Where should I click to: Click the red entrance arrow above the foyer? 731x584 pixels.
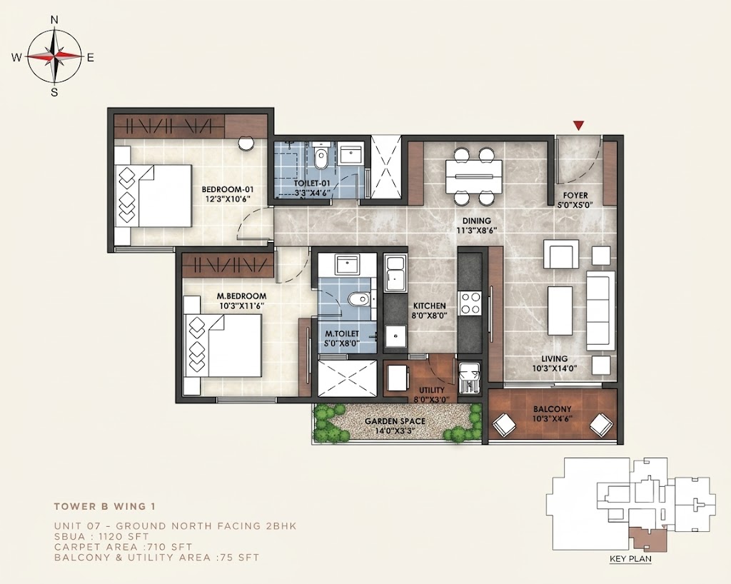pyautogui.click(x=578, y=125)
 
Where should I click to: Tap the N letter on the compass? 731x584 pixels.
pyautogui.click(x=54, y=19)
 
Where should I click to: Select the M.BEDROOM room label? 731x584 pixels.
pyautogui.click(x=241, y=296)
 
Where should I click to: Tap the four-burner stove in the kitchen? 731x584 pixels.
pyautogui.click(x=470, y=303)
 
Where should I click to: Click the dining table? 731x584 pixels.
pyautogui.click(x=474, y=176)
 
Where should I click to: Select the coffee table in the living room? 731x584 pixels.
pyautogui.click(x=560, y=311)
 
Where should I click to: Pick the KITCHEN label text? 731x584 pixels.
pyautogui.click(x=429, y=306)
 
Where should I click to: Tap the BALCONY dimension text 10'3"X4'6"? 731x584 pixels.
pyautogui.click(x=553, y=418)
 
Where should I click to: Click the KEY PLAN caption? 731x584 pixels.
pyautogui.click(x=630, y=559)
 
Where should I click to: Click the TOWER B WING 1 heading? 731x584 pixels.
pyautogui.click(x=105, y=506)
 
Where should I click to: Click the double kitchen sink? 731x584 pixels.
pyautogui.click(x=395, y=273)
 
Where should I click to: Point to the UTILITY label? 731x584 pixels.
pyautogui.click(x=432, y=390)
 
